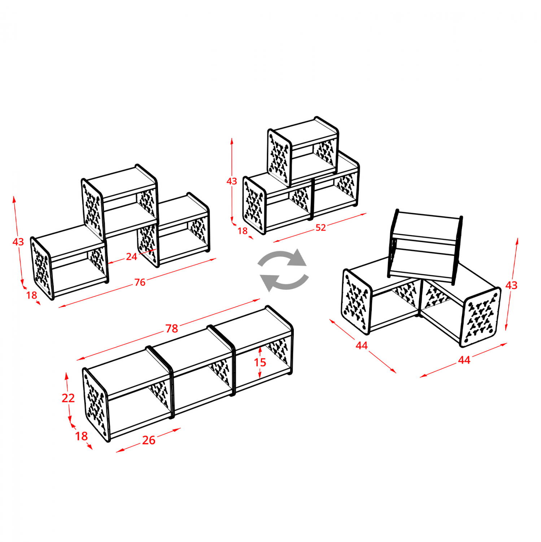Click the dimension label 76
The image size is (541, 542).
coord(140,282)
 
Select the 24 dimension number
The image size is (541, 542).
coord(131,257)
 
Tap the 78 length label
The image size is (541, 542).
coord(172,328)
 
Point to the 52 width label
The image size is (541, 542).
coord(320,228)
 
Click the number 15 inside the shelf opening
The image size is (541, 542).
coord(260,362)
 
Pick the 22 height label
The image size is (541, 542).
coord(68,398)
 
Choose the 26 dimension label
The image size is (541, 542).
coord(148,440)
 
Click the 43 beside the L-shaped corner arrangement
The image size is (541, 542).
coord(511,285)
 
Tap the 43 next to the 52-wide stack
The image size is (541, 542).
coord(232,181)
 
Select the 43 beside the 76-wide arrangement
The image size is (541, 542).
coord(18,242)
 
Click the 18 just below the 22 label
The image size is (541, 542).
coord(81,436)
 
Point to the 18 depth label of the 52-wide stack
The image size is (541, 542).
coord(243,231)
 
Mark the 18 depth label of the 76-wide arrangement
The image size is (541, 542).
coord(31,295)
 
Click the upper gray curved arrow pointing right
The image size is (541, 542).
coord(283,258)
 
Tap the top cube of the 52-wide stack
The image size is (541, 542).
coord(303,151)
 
